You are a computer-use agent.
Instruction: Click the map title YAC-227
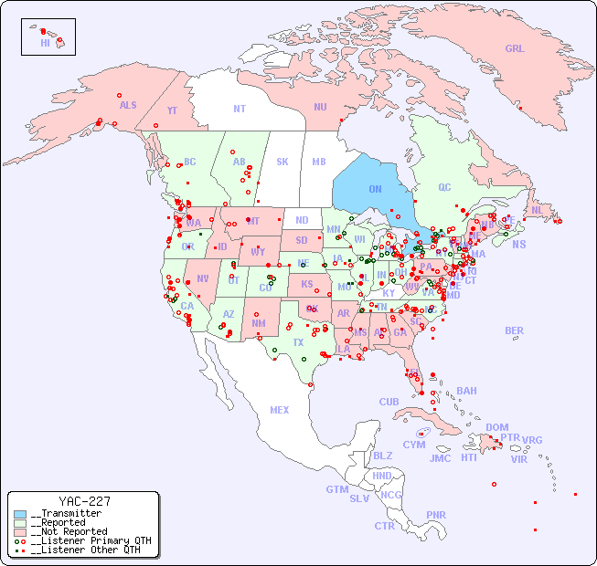pos(84,501)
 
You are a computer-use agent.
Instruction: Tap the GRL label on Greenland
pos(515,49)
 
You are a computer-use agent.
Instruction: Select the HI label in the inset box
pos(45,43)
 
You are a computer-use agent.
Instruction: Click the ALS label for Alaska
pos(128,105)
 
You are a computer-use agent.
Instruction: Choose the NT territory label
pos(239,109)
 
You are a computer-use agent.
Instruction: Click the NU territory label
pos(320,107)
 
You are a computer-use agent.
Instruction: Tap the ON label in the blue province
pos(375,189)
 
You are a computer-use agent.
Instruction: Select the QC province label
pos(444,187)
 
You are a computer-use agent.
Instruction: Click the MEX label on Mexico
pos(279,410)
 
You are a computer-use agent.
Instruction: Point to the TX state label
pos(297,342)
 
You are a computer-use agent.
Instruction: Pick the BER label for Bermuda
pos(514,330)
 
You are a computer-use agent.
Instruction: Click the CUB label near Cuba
pos(389,402)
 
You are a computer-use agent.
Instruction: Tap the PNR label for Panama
pos(436,515)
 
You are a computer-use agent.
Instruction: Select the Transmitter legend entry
pos(66,513)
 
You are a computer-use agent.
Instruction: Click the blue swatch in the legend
pos(20,513)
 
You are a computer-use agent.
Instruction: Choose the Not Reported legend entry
pos(69,531)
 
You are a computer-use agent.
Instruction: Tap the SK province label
pos(283,162)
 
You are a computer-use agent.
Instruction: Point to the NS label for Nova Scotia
pos(518,244)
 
